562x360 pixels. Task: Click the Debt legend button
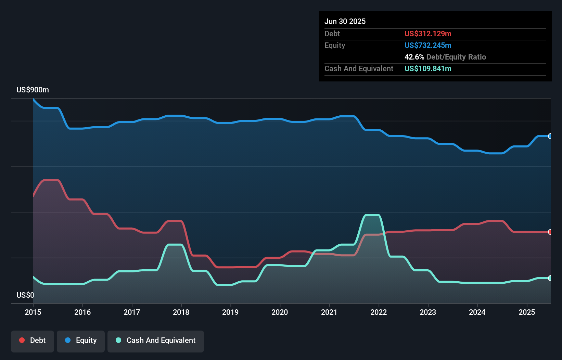pyautogui.click(x=33, y=340)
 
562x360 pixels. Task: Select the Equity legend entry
pyautogui.click(x=81, y=340)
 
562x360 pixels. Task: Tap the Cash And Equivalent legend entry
pyautogui.click(x=156, y=340)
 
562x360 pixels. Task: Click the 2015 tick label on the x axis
pyautogui.click(x=33, y=312)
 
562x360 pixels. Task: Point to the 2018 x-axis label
pyautogui.click(x=181, y=312)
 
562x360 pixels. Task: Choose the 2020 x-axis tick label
pyautogui.click(x=280, y=312)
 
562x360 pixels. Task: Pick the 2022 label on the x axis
pyautogui.click(x=379, y=312)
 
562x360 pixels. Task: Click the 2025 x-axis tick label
pyautogui.click(x=527, y=312)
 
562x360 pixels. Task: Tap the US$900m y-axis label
pyautogui.click(x=33, y=90)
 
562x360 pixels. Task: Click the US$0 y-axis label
pyautogui.click(x=25, y=295)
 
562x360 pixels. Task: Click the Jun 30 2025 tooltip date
pyautogui.click(x=345, y=21)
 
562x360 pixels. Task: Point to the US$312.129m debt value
pyautogui.click(x=428, y=34)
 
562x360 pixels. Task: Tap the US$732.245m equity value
pyautogui.click(x=428, y=45)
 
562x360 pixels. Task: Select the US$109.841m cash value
pyautogui.click(x=428, y=68)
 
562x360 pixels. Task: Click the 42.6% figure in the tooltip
pyautogui.click(x=414, y=57)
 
